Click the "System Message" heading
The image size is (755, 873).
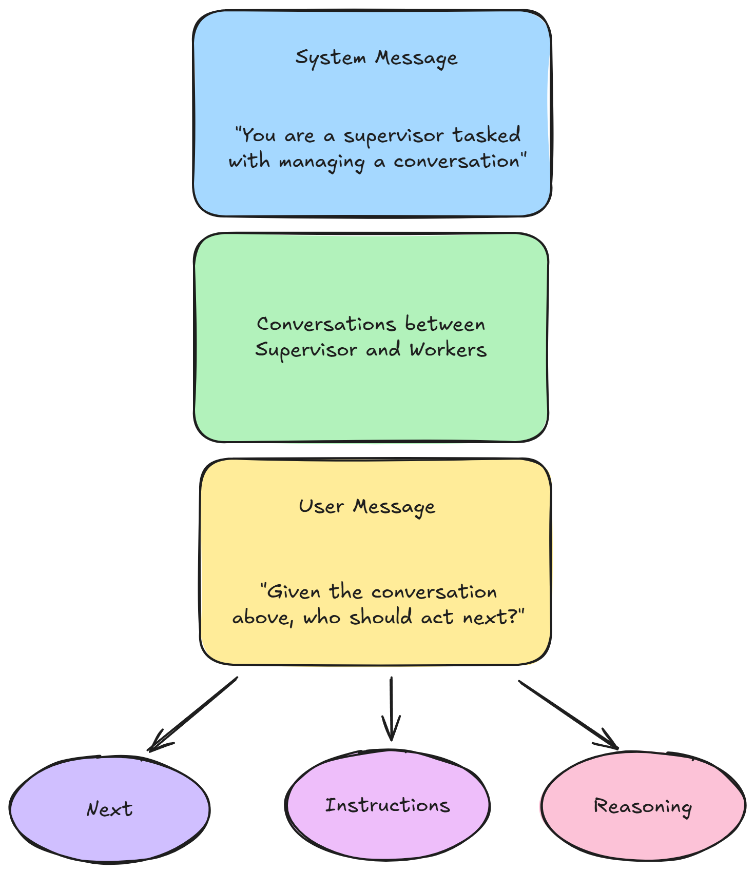point(376,58)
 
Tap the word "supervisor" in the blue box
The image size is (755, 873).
point(394,136)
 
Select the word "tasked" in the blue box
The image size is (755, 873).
point(487,135)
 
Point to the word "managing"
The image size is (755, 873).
point(322,162)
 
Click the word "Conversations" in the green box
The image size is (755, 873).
point(326,324)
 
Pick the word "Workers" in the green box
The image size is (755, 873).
point(448,350)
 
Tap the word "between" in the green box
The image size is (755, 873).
point(445,324)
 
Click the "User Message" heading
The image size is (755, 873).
point(367,507)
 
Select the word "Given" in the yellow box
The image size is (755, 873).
point(294,592)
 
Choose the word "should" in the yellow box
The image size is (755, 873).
point(380,617)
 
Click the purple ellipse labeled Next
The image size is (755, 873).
point(109,809)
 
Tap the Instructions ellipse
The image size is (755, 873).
point(388,805)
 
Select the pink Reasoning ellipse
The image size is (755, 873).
point(643,806)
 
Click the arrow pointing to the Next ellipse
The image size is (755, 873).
point(192,714)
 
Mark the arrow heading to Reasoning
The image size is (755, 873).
point(568,715)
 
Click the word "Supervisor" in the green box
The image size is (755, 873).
point(306,350)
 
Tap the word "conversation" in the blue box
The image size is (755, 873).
point(457,162)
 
